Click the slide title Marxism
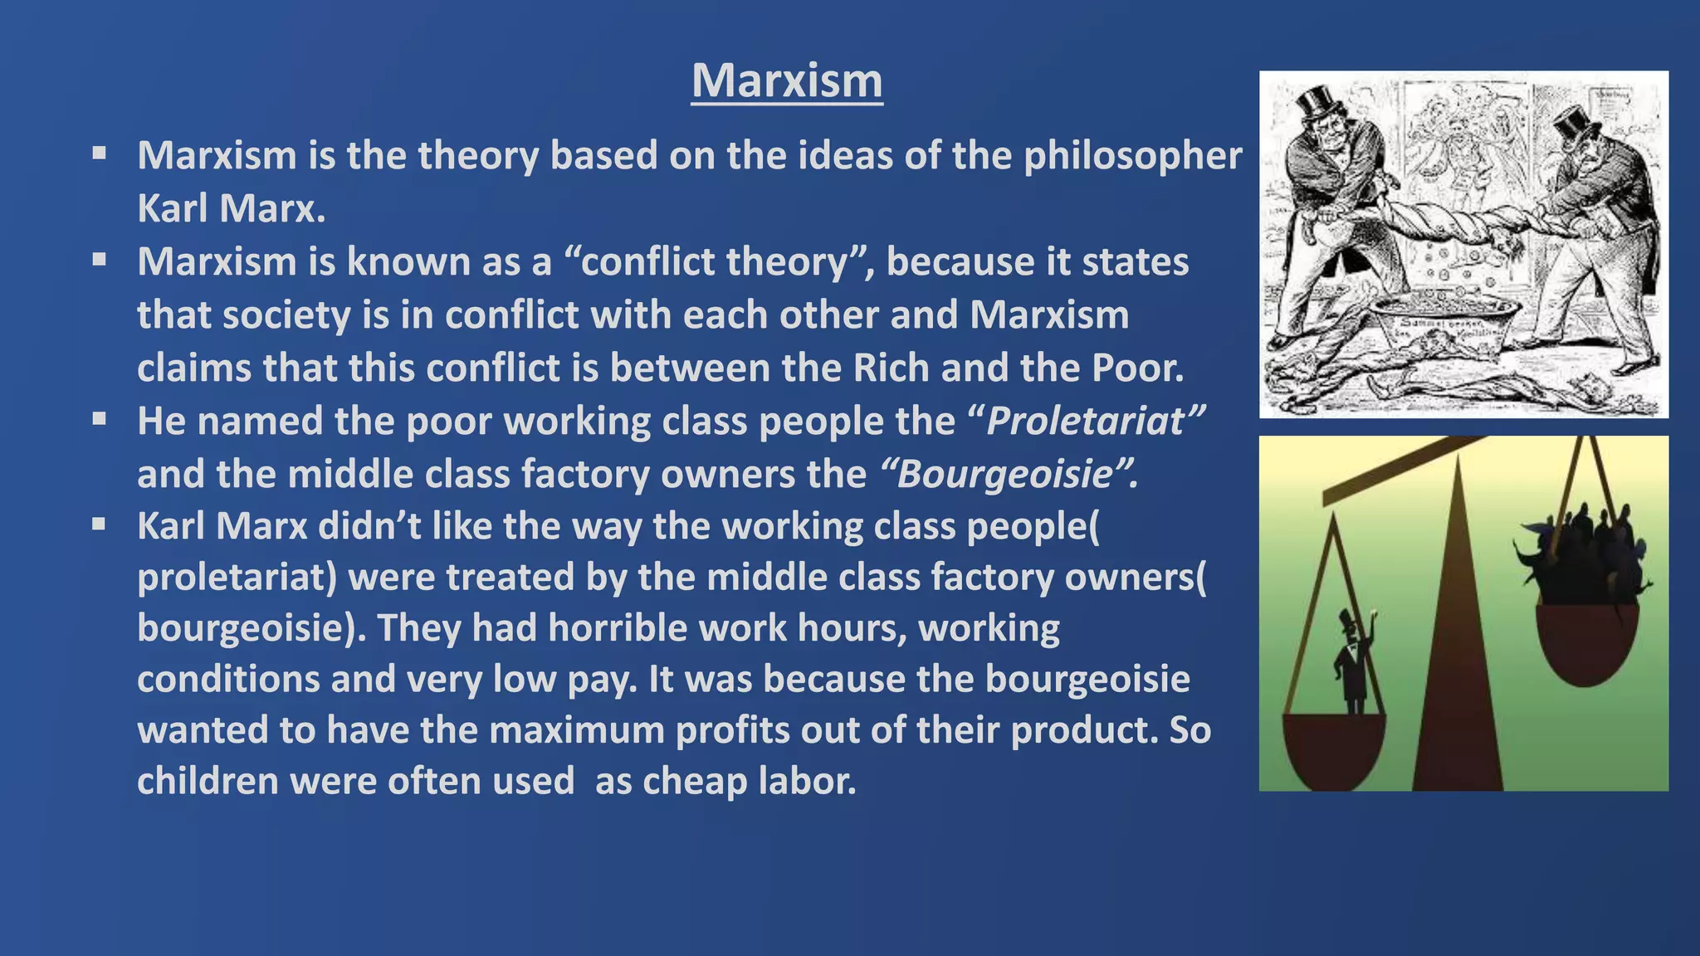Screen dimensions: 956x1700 787,81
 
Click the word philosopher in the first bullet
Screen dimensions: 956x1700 1133,156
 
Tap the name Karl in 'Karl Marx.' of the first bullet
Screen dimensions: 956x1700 172,207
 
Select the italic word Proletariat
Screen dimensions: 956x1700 1085,421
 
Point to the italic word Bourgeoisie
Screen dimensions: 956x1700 1004,474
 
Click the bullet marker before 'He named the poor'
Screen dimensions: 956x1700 100,419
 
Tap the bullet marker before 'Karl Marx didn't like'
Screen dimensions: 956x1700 100,524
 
